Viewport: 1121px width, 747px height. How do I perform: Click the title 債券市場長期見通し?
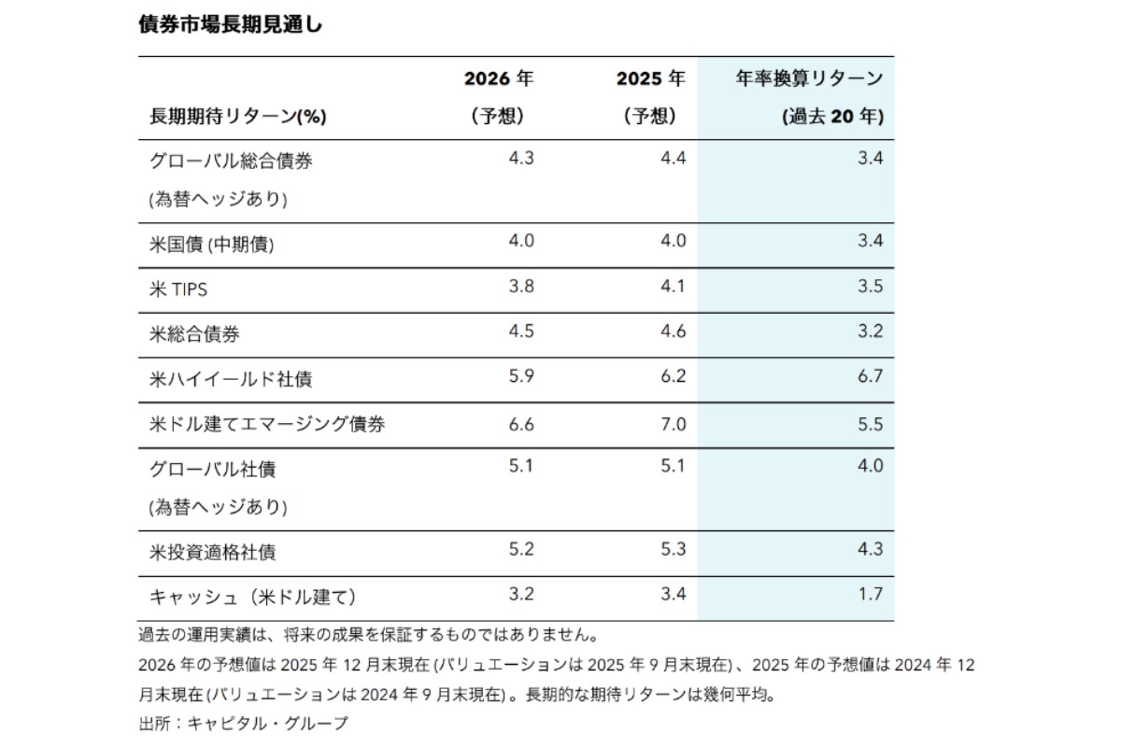(229, 25)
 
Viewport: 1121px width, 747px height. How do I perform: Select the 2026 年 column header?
(499, 79)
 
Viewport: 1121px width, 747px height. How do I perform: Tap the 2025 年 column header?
(650, 79)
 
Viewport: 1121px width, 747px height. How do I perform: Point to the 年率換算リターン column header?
(809, 79)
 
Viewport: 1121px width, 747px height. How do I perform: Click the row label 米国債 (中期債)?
(212, 244)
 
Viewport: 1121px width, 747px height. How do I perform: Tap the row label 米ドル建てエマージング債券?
(267, 425)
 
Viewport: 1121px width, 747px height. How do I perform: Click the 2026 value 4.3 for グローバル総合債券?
(520, 159)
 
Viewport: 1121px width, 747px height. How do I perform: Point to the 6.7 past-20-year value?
(870, 376)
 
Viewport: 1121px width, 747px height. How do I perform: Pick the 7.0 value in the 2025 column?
(673, 422)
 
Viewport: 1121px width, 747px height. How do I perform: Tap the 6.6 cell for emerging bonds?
(520, 422)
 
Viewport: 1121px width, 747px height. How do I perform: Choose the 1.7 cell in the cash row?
(870, 594)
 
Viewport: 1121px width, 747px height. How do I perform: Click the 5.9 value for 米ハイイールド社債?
(520, 376)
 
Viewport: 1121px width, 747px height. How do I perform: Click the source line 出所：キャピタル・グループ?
(242, 724)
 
